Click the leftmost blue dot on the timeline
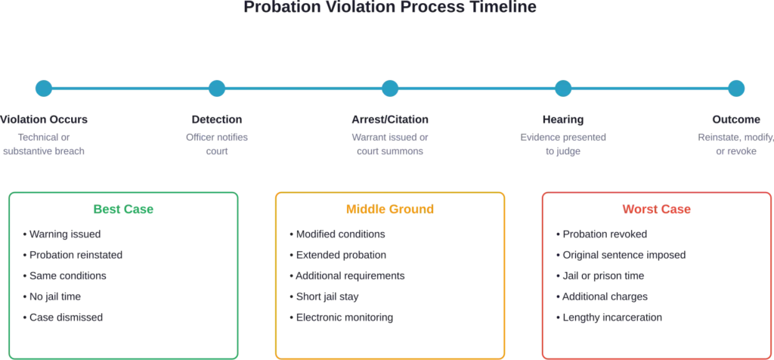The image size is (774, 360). pos(43,88)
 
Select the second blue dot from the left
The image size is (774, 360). pos(217,88)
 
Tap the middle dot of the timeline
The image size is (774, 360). pos(389,88)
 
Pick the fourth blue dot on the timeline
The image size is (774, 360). pos(562,88)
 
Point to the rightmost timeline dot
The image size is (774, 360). pos(735,88)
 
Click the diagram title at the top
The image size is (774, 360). pos(390,9)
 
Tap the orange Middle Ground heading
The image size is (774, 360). pos(390,209)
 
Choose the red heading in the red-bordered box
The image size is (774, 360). pos(656,209)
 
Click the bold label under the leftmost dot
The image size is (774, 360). pos(43,119)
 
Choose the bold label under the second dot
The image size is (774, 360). pos(217,119)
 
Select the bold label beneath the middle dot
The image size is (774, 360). pos(389,119)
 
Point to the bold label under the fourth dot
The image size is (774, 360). pos(562,119)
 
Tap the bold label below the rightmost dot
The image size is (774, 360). pos(735,119)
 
